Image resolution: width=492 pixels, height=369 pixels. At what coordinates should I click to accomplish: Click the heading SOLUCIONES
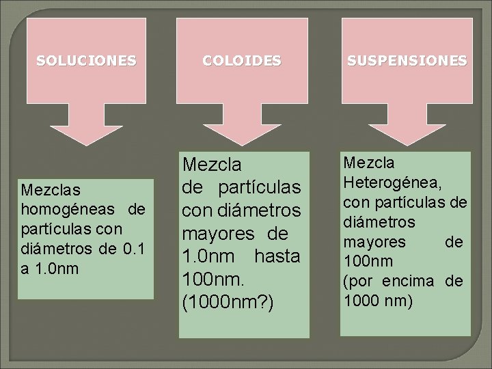(x=86, y=60)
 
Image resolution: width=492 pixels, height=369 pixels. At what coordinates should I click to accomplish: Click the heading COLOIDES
(x=241, y=60)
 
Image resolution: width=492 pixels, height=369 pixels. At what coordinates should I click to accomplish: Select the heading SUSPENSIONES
(x=407, y=60)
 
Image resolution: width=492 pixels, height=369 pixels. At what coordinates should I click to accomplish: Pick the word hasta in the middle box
(x=277, y=258)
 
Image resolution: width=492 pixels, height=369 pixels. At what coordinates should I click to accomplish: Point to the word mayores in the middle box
(x=217, y=234)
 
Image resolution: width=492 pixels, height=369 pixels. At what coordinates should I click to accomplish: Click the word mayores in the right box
(x=374, y=242)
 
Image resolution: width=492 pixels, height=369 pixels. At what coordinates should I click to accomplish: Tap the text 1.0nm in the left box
(x=55, y=268)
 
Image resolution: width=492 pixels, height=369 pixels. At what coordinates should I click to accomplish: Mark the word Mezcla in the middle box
(x=212, y=165)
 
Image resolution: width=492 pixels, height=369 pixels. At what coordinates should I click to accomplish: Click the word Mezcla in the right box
(x=370, y=163)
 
